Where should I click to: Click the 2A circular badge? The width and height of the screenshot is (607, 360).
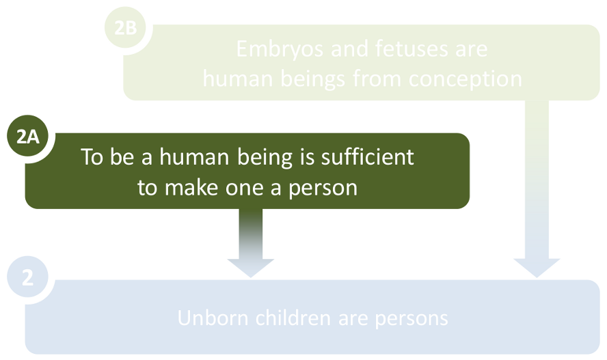tap(27, 137)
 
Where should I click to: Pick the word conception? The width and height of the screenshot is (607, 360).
tap(466, 79)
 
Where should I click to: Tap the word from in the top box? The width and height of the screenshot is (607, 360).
tap(378, 79)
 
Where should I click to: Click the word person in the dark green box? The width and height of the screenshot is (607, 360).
tap(321, 187)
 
